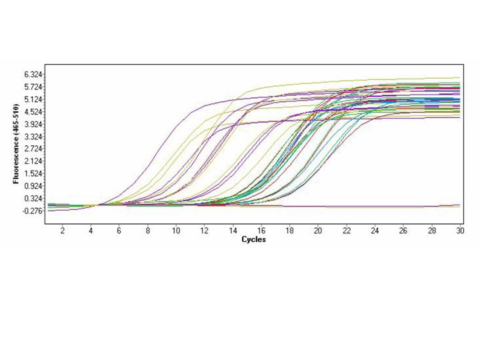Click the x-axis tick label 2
coord(63,231)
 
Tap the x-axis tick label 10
coord(176,231)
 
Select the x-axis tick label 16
coord(261,231)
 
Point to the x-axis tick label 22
coord(347,231)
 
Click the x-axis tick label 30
coord(460,231)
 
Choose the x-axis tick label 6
coord(119,231)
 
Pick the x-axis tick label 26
coord(403,231)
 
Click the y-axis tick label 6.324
coord(33,74)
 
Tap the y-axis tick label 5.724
coord(33,87)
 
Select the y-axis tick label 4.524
coord(33,111)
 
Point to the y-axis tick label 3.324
coord(33,137)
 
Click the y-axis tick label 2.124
coord(33,161)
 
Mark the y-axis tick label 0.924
coord(33,186)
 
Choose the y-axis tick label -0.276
coord(31,211)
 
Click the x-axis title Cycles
coord(253,239)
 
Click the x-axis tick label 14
coord(233,231)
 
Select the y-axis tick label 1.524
coord(33,173)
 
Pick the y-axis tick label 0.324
coord(33,199)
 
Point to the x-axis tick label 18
coord(290,231)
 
